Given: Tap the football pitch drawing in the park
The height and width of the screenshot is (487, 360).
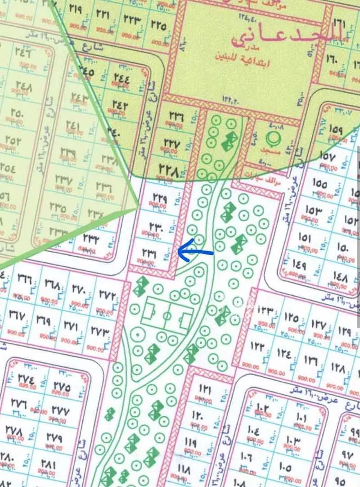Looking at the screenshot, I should (x=167, y=316).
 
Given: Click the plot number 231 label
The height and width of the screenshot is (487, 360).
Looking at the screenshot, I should (x=149, y=254).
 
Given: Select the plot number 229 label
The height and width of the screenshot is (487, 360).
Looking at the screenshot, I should (x=160, y=198).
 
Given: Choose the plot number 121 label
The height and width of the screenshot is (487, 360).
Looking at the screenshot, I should (x=205, y=388).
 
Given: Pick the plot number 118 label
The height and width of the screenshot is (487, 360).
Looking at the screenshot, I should (x=184, y=468).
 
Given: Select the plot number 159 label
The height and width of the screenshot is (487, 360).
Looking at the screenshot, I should (x=336, y=128).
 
